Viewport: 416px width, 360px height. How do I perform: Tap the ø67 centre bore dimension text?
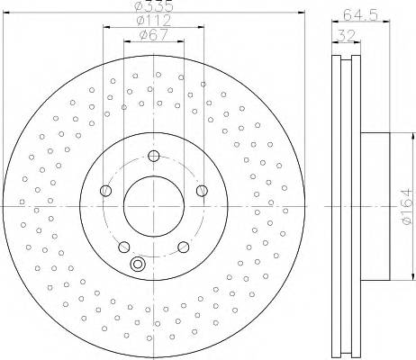(x=151, y=36)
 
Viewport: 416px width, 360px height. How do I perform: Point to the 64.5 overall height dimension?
(x=357, y=13)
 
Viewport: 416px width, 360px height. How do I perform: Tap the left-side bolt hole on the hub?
(x=106, y=191)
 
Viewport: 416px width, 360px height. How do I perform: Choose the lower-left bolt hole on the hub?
(x=123, y=246)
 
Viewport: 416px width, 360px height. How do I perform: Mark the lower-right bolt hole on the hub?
(x=182, y=246)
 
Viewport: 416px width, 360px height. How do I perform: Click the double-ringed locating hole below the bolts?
(x=138, y=264)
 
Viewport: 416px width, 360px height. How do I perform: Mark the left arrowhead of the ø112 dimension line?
(x=106, y=28)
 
